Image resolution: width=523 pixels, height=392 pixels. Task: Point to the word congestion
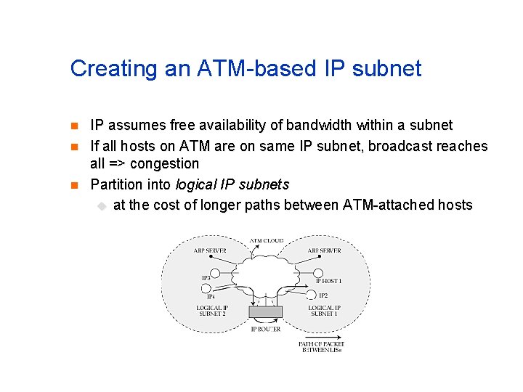(x=165, y=164)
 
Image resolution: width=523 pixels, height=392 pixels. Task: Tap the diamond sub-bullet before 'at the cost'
(x=101, y=206)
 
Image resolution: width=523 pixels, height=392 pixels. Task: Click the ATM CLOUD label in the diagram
(x=267, y=241)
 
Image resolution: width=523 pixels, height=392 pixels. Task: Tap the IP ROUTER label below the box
(x=265, y=329)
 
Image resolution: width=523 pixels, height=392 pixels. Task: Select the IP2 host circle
(x=311, y=294)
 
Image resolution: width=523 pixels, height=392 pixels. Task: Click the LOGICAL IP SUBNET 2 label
(x=212, y=311)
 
